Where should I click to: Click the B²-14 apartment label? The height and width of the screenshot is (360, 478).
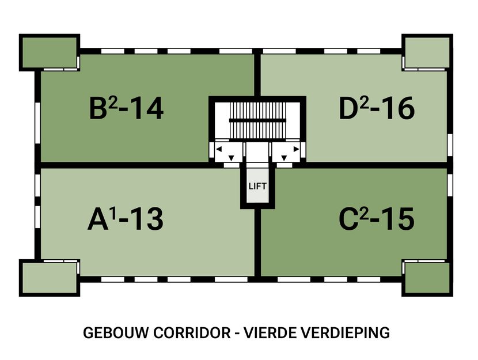(126, 108)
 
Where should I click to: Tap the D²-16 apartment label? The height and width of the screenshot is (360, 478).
(376, 108)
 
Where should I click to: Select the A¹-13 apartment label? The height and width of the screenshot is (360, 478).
(125, 219)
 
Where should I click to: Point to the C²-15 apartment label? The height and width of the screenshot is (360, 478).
(376, 219)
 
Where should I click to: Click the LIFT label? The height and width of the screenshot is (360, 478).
(256, 186)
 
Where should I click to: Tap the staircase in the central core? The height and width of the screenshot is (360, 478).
(257, 120)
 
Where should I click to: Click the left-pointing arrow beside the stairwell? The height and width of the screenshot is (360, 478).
(219, 149)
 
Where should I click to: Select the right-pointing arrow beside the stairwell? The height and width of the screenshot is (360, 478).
(295, 149)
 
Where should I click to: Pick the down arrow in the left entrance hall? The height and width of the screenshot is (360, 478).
(231, 158)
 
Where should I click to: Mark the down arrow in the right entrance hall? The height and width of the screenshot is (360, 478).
(283, 158)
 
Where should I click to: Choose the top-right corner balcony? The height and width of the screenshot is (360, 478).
(424, 52)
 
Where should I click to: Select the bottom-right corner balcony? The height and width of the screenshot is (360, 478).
(425, 278)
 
